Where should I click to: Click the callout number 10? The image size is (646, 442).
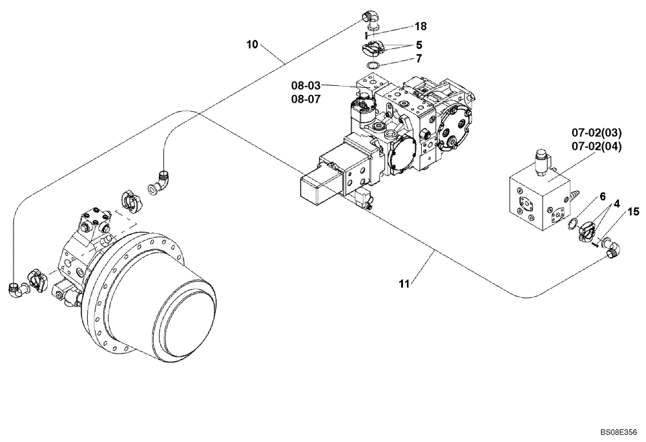pyautogui.click(x=252, y=45)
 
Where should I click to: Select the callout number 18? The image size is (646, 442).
pyautogui.click(x=421, y=26)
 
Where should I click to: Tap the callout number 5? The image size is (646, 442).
pyautogui.click(x=419, y=45)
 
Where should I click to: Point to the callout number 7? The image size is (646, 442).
pyautogui.click(x=419, y=59)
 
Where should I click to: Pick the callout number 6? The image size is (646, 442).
pyautogui.click(x=602, y=195)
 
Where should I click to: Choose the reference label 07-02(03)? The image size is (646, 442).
pyautogui.click(x=596, y=134)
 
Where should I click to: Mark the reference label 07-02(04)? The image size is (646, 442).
pyautogui.click(x=596, y=146)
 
